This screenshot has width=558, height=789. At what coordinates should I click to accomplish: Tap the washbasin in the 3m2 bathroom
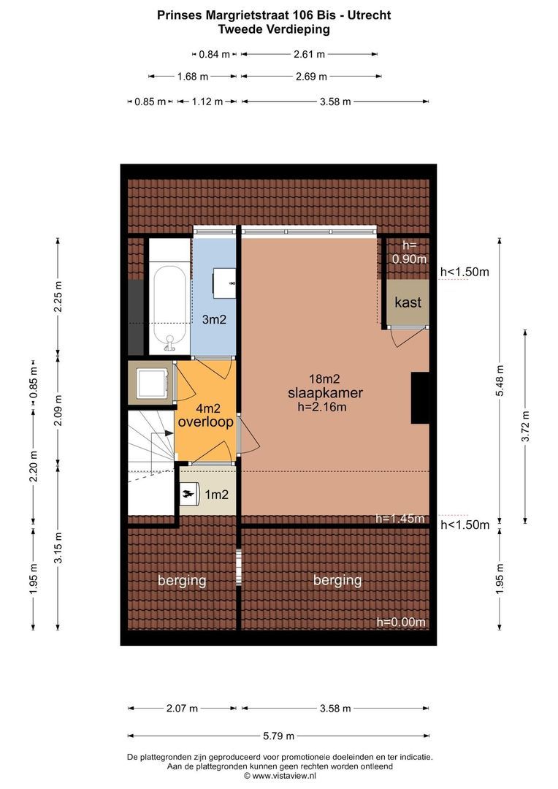[224, 283]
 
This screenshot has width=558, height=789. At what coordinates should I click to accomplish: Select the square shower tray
[153, 382]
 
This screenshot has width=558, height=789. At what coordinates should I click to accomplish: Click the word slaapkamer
[325, 393]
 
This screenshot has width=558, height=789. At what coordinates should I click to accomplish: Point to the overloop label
[205, 422]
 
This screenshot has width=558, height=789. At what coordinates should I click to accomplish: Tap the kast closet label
[408, 302]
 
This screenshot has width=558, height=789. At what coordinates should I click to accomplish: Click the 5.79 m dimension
[279, 736]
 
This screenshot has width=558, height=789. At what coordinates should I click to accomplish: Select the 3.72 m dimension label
[525, 426]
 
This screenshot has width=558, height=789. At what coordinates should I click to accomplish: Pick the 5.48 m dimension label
[500, 381]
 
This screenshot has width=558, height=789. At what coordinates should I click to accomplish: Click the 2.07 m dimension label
[182, 709]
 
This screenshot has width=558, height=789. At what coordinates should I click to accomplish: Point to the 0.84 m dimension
[214, 54]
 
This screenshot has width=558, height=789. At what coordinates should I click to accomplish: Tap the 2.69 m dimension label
[311, 77]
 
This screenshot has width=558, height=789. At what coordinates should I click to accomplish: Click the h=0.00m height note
[401, 622]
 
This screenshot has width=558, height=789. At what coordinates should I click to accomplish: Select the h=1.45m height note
[400, 518]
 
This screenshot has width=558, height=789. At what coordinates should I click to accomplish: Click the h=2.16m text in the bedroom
[322, 407]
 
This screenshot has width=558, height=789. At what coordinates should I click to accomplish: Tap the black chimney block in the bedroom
[420, 398]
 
